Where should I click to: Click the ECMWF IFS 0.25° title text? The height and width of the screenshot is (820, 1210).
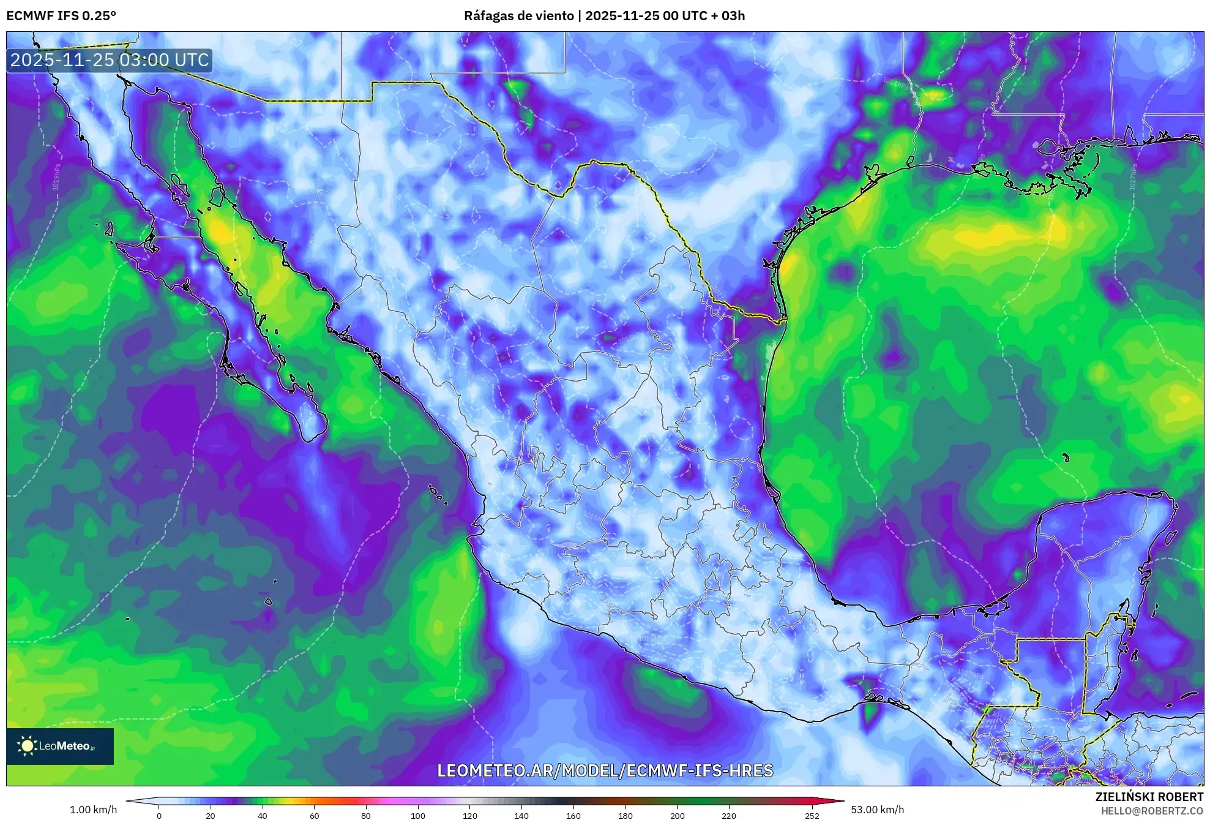point(61,16)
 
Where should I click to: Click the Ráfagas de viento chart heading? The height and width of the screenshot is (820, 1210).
point(604,16)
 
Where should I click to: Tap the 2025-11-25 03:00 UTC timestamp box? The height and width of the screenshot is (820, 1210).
point(110,60)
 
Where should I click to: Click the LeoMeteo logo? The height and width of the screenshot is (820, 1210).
point(59,746)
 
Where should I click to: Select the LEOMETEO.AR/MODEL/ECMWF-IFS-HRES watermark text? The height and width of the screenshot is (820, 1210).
point(605,770)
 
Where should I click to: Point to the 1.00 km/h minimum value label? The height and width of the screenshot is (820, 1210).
point(93,810)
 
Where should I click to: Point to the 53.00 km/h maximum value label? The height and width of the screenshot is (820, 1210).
point(877,810)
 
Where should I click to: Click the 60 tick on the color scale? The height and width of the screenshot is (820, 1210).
point(314,815)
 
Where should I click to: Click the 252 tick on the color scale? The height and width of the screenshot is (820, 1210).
point(812,815)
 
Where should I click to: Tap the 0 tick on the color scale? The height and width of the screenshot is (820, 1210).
point(159,815)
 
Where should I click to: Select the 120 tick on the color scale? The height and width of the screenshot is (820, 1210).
point(469,815)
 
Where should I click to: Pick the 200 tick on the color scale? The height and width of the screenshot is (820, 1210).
point(677,815)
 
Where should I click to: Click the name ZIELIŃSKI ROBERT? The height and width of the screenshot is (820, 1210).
point(1149,797)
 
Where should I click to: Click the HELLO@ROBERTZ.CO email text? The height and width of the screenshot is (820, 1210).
point(1152,811)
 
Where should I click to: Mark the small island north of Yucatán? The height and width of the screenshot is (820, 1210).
point(1066,457)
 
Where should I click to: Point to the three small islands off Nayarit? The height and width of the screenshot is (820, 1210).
point(437,493)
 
